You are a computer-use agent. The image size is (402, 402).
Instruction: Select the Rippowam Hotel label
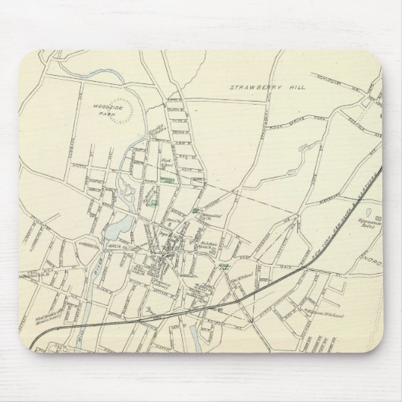click(x=349, y=225)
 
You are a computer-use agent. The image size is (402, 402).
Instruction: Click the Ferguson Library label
click(x=162, y=235)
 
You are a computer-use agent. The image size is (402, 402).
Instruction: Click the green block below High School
click(x=168, y=180)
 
